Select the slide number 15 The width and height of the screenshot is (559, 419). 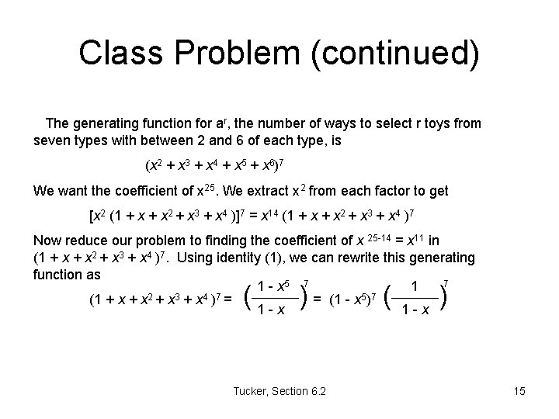point(519,391)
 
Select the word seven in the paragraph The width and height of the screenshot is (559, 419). point(52,141)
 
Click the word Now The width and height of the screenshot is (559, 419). point(47,241)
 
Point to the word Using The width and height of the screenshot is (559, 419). point(219,257)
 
